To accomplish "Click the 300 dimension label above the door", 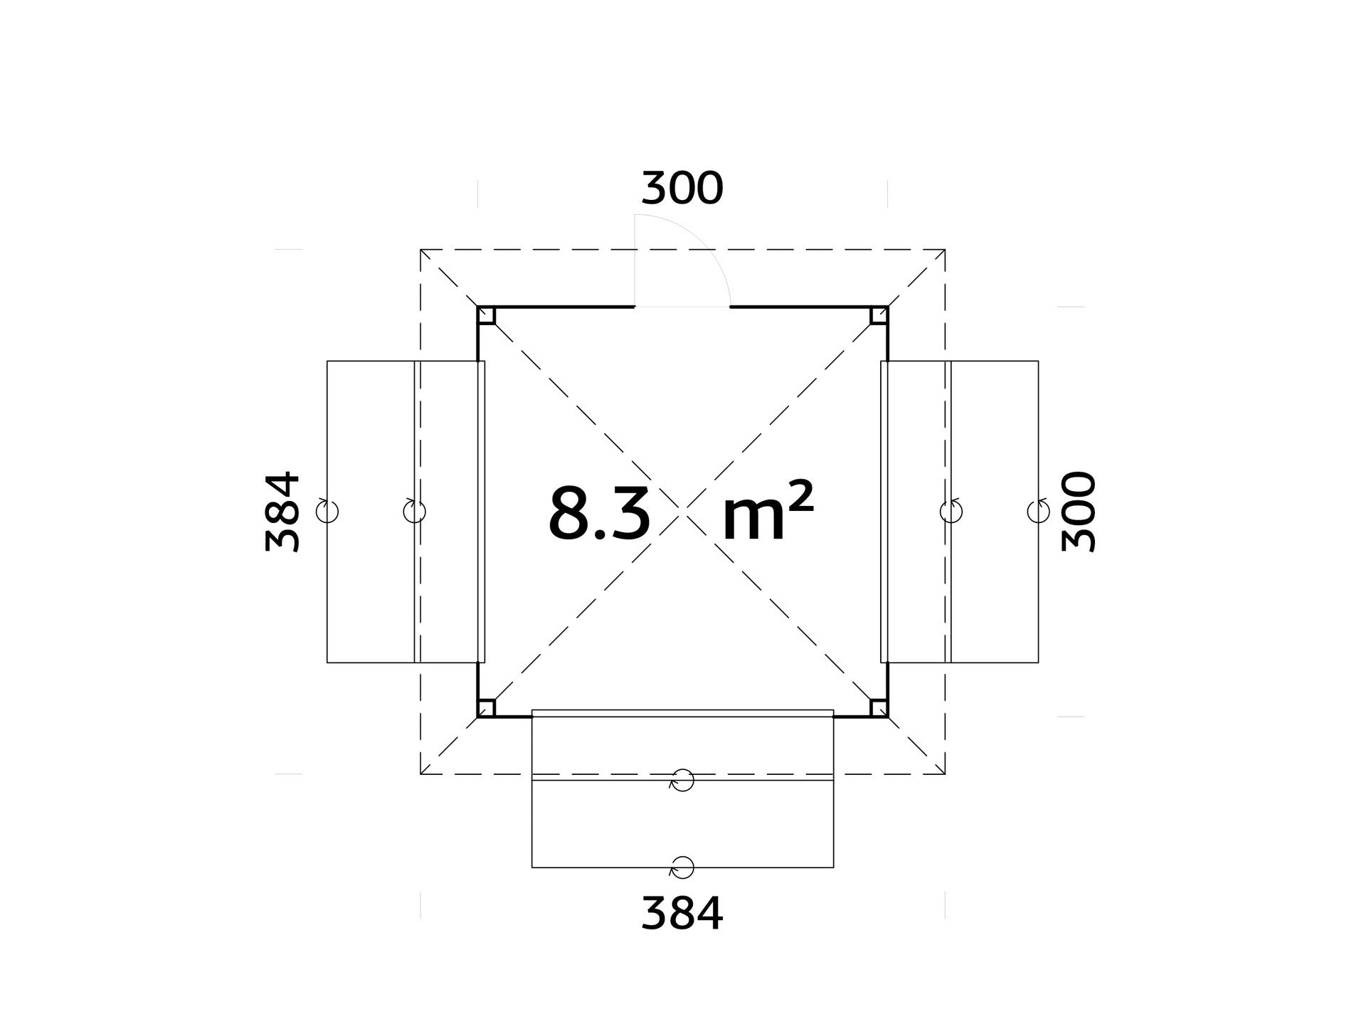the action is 682,189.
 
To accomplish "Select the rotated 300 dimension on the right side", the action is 1078,512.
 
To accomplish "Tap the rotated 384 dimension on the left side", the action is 282,512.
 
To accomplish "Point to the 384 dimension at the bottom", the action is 682,914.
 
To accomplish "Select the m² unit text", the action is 768,513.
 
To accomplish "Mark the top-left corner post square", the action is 487,315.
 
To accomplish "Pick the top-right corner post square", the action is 879,315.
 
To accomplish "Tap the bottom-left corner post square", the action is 487,708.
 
